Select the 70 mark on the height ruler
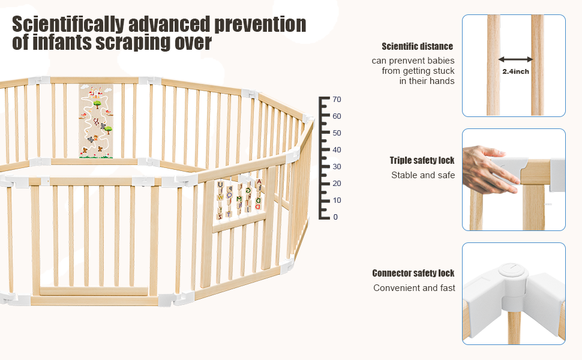click(x=337, y=99)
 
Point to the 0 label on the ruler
click(x=335, y=217)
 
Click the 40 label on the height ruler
click(x=337, y=149)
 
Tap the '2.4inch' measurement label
click(x=515, y=71)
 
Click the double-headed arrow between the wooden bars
click(x=515, y=59)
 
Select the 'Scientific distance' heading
click(x=417, y=46)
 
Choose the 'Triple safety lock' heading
click(x=422, y=160)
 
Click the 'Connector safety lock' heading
click(x=413, y=273)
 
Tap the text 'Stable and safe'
click(x=423, y=175)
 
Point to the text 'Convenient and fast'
click(x=414, y=288)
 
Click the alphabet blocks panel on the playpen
click(x=239, y=198)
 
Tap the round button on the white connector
click(x=508, y=269)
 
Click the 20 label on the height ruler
click(x=337, y=183)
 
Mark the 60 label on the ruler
click(x=337, y=116)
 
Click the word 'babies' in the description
click(x=440, y=61)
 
